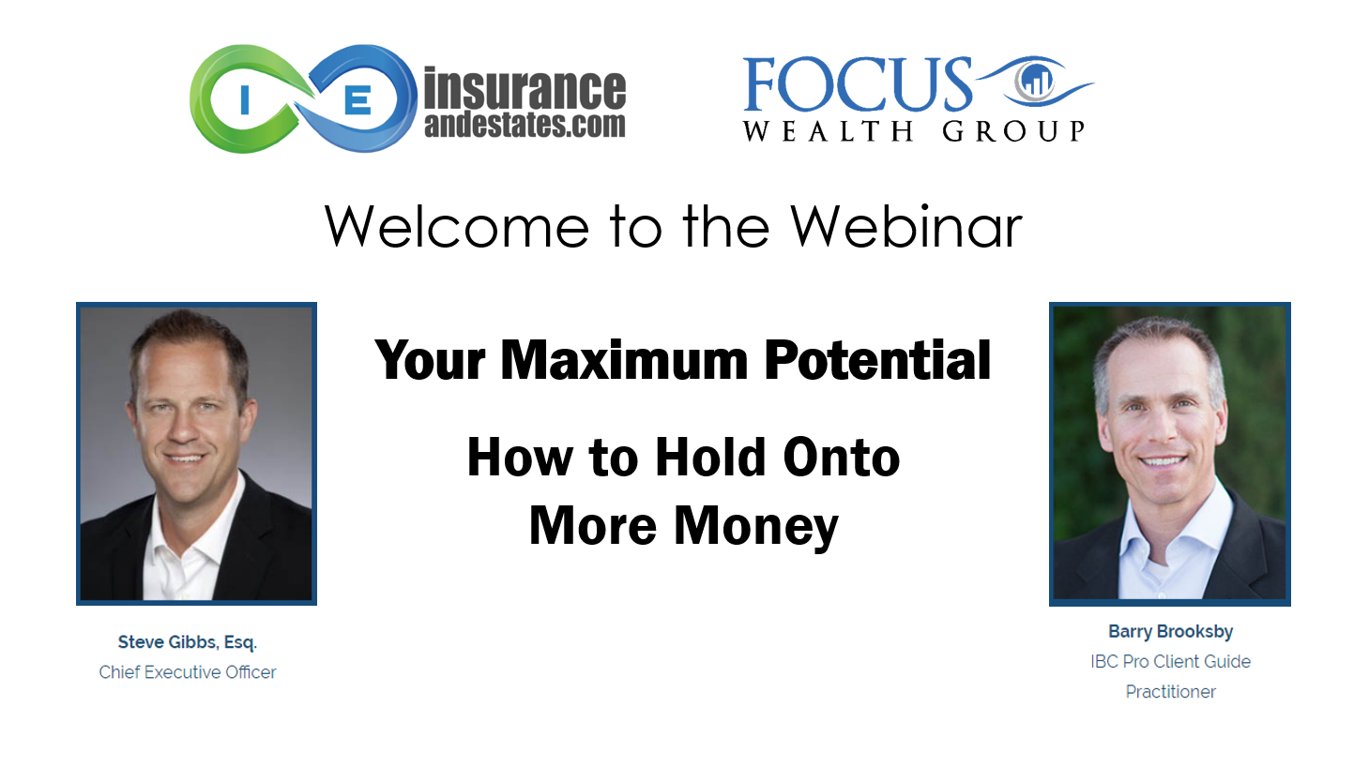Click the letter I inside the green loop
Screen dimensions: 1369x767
[x=245, y=99]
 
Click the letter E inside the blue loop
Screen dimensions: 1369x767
[x=357, y=99]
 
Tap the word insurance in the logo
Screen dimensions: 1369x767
[x=525, y=88]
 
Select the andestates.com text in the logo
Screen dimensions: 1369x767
[x=525, y=124]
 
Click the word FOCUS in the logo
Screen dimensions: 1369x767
[x=858, y=84]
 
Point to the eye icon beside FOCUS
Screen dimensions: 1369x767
[x=1034, y=82]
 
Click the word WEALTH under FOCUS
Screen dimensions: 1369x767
[x=829, y=131]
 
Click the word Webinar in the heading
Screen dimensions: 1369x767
[x=906, y=226]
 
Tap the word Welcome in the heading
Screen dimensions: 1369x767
[x=457, y=227]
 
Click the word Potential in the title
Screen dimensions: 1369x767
[x=877, y=360]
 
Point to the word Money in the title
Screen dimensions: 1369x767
[x=755, y=526]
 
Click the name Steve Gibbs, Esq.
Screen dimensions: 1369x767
[x=188, y=642]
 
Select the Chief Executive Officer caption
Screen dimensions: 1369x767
[x=188, y=672]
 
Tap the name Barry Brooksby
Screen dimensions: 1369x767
[x=1170, y=631]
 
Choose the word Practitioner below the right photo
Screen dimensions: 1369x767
[x=1170, y=692]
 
